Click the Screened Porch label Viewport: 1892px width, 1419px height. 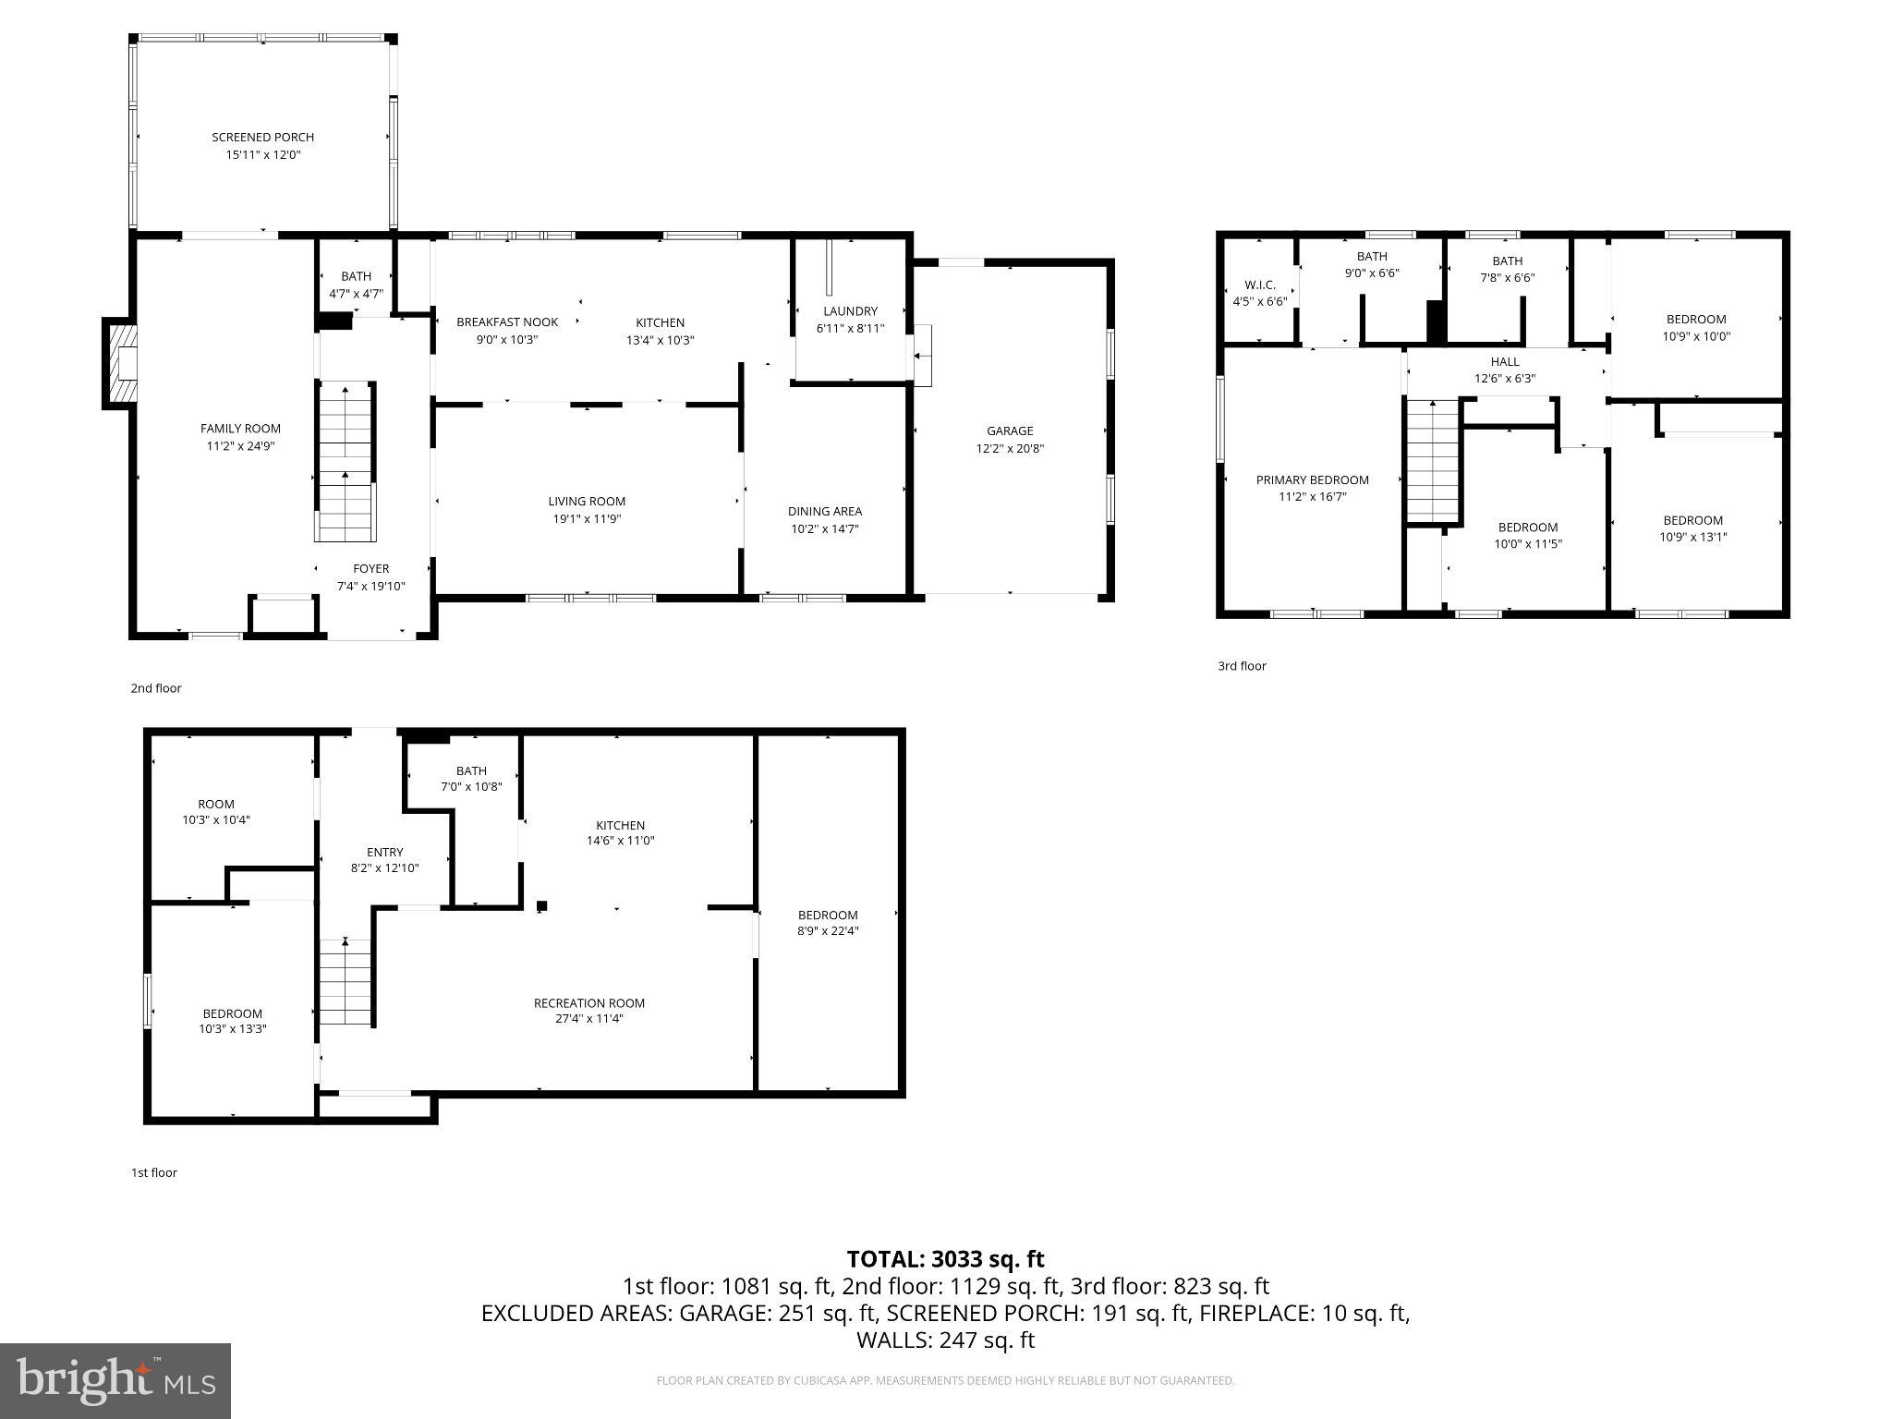click(263, 138)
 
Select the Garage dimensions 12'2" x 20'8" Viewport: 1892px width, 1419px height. click(1010, 449)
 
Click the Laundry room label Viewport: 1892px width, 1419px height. click(850, 311)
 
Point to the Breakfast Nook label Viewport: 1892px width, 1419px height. click(507, 322)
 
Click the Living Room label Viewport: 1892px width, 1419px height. click(587, 502)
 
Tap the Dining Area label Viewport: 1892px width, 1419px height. click(825, 511)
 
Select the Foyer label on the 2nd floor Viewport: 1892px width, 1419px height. click(370, 569)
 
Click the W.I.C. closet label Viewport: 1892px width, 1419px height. click(1259, 285)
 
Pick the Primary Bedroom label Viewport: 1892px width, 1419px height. click(1312, 479)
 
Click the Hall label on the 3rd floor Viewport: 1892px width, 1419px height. click(1504, 362)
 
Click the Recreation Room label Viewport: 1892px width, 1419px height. click(589, 1003)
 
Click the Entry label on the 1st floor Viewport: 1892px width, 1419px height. click(384, 853)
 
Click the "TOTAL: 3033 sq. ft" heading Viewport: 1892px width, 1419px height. click(945, 1259)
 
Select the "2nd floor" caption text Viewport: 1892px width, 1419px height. click(156, 688)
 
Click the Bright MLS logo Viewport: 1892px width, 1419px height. click(115, 1380)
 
